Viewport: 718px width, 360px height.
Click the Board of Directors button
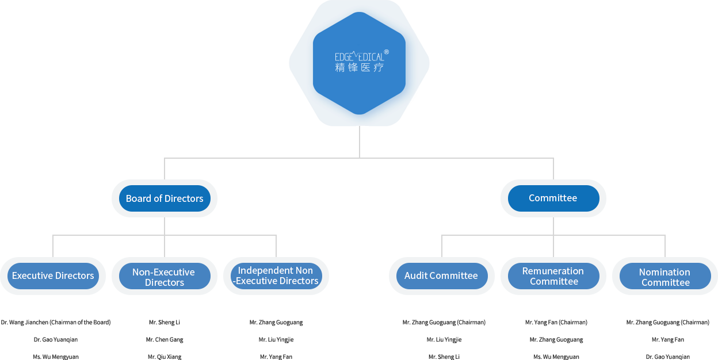(165, 198)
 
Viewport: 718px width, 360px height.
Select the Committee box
(553, 198)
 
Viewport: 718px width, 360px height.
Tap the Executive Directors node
(53, 275)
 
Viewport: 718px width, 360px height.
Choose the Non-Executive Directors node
(164, 277)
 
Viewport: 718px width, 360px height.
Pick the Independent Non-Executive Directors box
(276, 275)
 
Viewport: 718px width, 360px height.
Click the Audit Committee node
(441, 275)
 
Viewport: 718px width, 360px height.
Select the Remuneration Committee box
(553, 276)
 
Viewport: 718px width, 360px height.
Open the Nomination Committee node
(664, 277)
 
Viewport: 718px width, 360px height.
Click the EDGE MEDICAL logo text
(359, 57)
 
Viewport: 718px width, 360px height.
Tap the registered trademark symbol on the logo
(387, 52)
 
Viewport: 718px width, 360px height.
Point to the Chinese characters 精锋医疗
(359, 68)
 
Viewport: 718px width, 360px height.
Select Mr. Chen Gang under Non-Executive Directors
(165, 339)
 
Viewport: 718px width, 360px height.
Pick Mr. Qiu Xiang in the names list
(165, 357)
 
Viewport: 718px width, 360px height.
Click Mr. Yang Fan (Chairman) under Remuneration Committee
(556, 322)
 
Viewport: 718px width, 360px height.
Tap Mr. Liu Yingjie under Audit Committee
(444, 339)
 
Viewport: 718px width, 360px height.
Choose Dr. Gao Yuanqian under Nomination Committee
(667, 357)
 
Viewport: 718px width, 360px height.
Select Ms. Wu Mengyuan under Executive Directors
(56, 357)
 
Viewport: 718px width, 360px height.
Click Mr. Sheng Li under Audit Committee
(444, 357)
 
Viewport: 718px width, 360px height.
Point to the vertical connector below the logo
(360, 141)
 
